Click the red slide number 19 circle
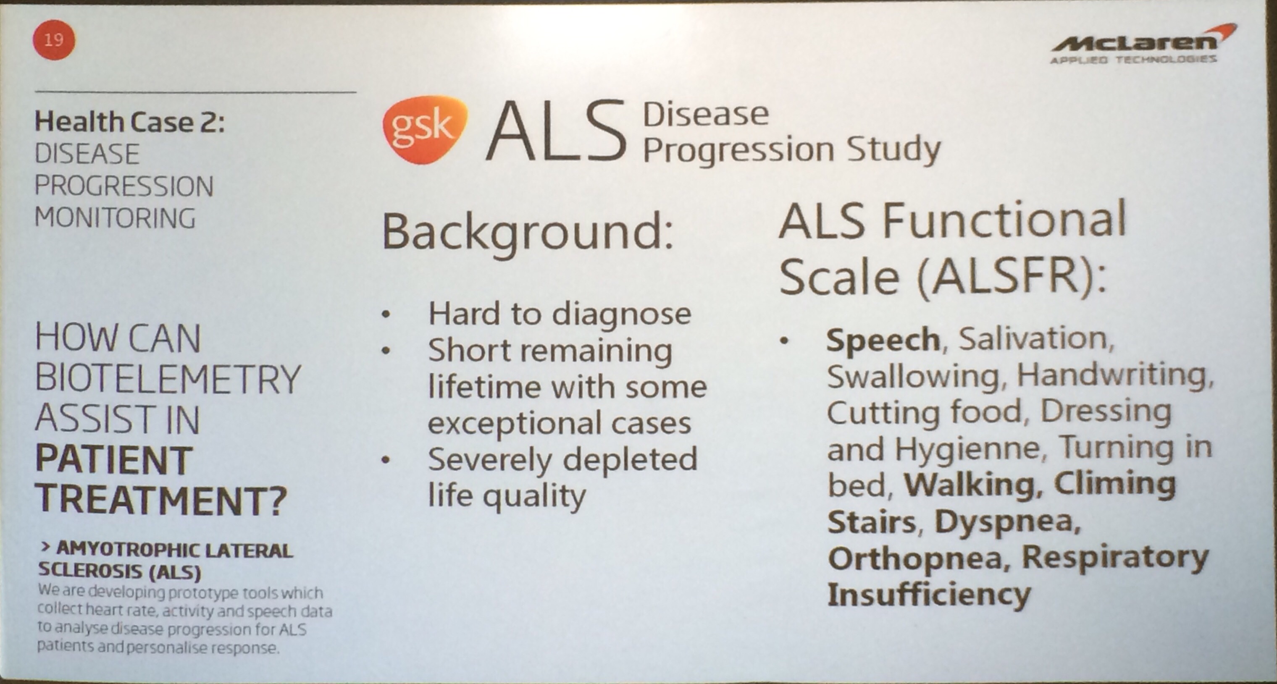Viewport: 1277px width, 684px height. (54, 39)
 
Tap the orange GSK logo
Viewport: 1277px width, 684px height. (424, 129)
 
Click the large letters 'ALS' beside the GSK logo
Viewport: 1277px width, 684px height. (556, 131)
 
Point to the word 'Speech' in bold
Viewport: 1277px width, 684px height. (883, 340)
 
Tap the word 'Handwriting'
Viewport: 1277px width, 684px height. (1115, 376)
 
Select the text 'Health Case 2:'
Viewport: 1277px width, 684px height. (129, 122)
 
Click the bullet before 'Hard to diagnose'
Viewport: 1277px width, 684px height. (386, 314)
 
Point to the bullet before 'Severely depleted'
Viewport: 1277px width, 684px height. (386, 460)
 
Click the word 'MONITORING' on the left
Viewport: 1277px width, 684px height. (116, 218)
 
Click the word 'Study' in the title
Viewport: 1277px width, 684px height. (893, 149)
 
